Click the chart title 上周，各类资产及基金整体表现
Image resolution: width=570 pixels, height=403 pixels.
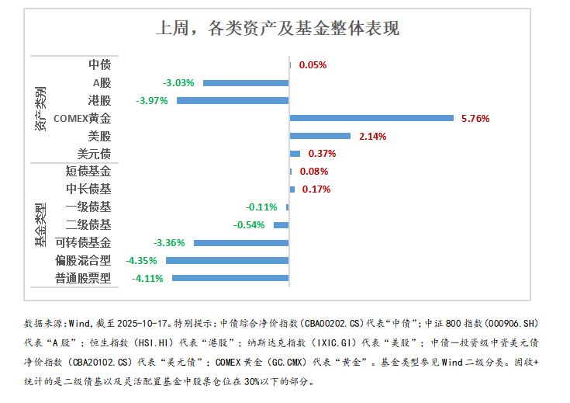(x=278, y=30)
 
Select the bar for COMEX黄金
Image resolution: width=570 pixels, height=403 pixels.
(x=371, y=118)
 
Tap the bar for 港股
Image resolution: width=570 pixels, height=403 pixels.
(x=233, y=100)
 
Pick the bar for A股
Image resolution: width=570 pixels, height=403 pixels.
(x=246, y=82)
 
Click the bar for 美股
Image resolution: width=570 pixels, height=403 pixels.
(x=320, y=136)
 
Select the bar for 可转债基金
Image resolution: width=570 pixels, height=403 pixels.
(x=241, y=242)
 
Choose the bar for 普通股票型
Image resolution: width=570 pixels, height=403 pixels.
(x=230, y=277)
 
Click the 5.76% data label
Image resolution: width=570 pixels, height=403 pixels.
(x=475, y=119)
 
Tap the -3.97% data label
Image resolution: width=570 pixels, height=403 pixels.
(x=151, y=101)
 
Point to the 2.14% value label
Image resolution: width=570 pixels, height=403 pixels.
(x=371, y=137)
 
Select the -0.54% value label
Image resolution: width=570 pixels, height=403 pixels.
(x=249, y=225)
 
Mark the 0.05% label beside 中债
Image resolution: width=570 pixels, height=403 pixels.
(x=313, y=65)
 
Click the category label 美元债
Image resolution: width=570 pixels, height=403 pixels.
(x=95, y=154)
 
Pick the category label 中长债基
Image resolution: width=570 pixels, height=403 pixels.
(x=88, y=189)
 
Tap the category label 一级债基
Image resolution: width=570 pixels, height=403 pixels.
(x=88, y=207)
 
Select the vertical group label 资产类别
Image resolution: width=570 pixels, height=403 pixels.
(x=40, y=109)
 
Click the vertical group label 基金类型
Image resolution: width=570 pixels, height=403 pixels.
(x=40, y=225)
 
